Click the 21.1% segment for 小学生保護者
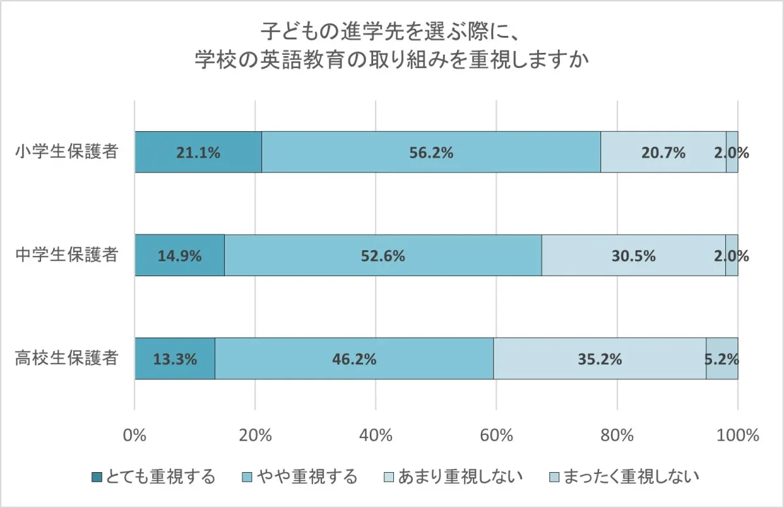pyautogui.click(x=198, y=152)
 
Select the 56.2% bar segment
pyautogui.click(x=431, y=152)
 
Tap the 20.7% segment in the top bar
pyautogui.click(x=663, y=152)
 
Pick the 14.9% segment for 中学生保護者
pyautogui.click(x=180, y=255)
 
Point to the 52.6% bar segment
pyautogui.click(x=383, y=255)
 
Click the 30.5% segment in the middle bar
pyautogui.click(x=633, y=255)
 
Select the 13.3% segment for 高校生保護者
pyautogui.click(x=175, y=358)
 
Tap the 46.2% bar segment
pyautogui.click(x=354, y=358)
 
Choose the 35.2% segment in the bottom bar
pyautogui.click(x=599, y=358)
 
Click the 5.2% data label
pyautogui.click(x=721, y=358)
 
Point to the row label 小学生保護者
pyautogui.click(x=67, y=152)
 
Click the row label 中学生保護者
pyautogui.click(x=67, y=255)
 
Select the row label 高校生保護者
pyautogui.click(x=67, y=358)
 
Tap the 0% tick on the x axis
pyautogui.click(x=135, y=436)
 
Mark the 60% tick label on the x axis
pyautogui.click(x=497, y=436)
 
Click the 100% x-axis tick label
pyautogui.click(x=738, y=436)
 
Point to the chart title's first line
pyautogui.click(x=392, y=31)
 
